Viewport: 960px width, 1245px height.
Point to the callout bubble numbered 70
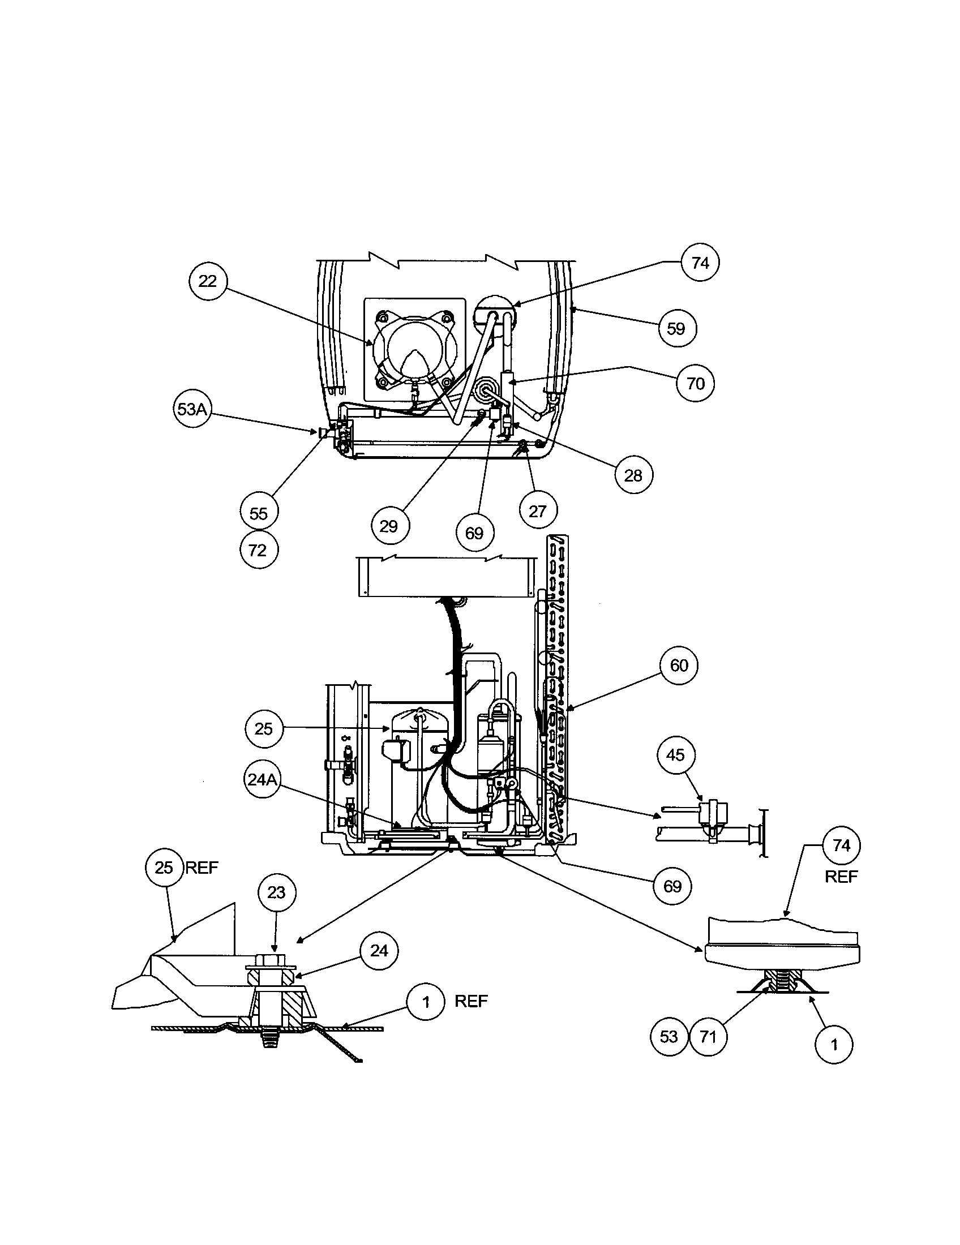(695, 383)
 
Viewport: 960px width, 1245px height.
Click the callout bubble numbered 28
(633, 475)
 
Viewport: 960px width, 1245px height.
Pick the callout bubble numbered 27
(538, 512)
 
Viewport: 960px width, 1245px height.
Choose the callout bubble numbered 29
(389, 526)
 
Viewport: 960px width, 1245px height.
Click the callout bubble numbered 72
(258, 550)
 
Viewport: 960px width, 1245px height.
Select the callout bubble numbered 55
(258, 513)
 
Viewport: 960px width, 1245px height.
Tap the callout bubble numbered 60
(678, 666)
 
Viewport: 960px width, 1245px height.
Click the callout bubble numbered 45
(675, 755)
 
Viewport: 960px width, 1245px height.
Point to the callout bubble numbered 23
(276, 892)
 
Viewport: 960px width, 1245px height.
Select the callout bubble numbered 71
(708, 1036)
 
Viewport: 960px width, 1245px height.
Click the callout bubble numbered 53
(668, 1036)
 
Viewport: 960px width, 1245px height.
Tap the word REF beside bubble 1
(471, 1001)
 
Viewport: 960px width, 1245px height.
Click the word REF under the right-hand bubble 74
(841, 876)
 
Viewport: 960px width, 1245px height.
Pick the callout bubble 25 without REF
(263, 728)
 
